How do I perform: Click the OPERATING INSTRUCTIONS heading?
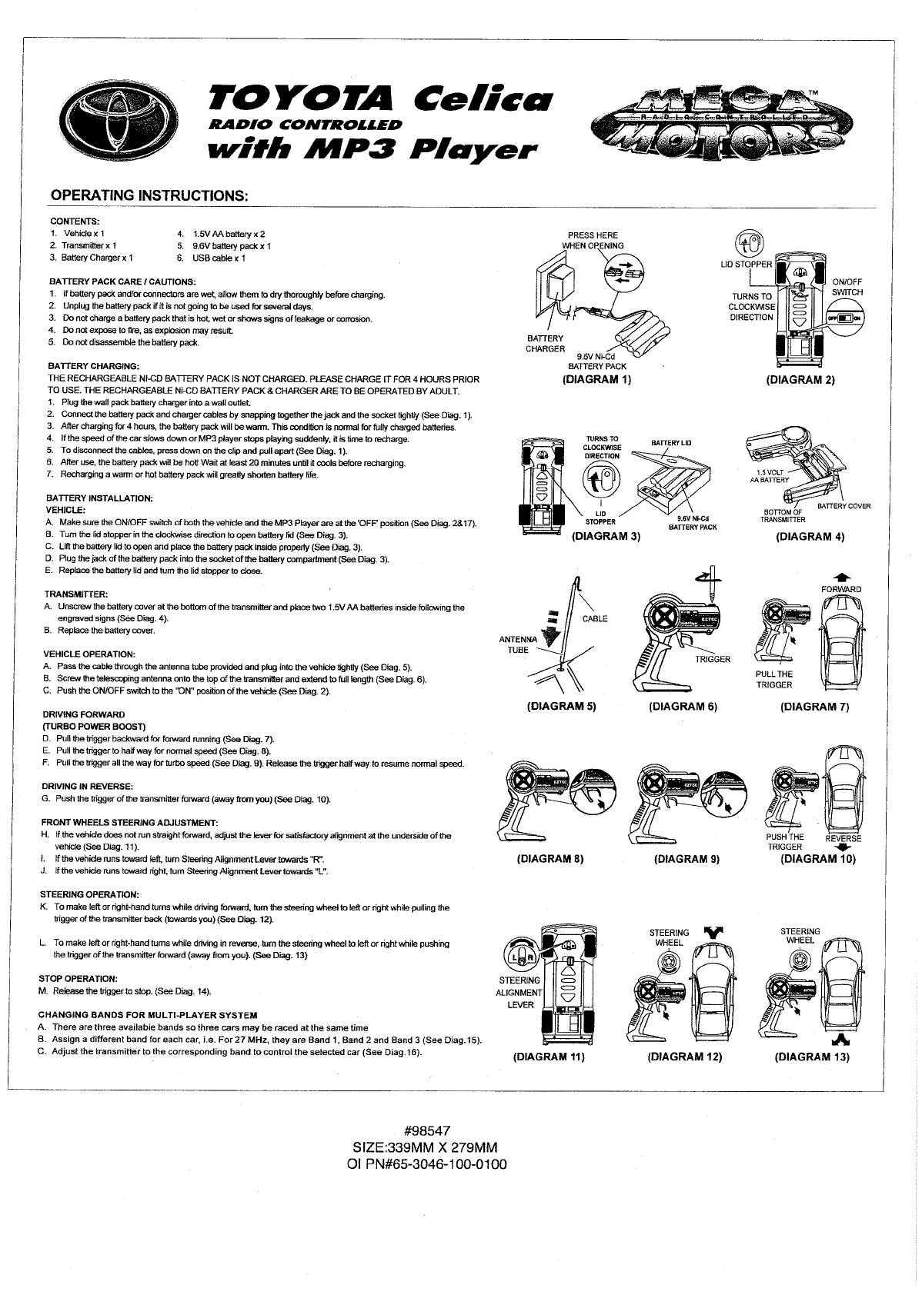(x=149, y=195)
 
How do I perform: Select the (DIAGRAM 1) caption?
(x=596, y=380)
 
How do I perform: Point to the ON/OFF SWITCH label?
(x=847, y=287)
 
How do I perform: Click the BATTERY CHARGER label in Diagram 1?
(x=545, y=344)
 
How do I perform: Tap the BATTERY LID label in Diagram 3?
(x=671, y=443)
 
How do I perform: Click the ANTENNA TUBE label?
(x=518, y=644)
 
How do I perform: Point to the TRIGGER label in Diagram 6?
(x=712, y=659)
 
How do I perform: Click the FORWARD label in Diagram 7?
(x=840, y=589)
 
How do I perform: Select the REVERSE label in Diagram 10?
(x=843, y=838)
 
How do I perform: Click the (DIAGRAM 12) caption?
(x=684, y=1057)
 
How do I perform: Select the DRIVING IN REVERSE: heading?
(x=87, y=787)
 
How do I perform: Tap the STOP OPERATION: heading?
(x=78, y=979)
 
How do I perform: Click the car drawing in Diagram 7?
(x=842, y=638)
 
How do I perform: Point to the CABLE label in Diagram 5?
(x=595, y=619)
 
